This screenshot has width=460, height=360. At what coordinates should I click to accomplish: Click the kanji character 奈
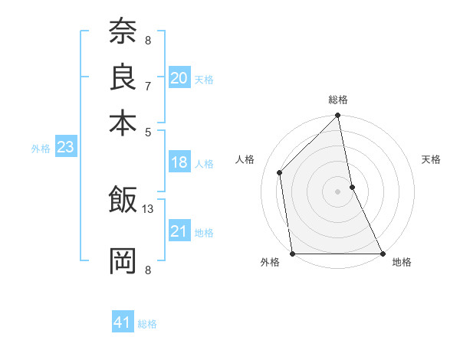(123, 33)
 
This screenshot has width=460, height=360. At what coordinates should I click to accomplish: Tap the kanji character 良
(123, 77)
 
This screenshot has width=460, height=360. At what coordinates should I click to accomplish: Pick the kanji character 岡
(123, 260)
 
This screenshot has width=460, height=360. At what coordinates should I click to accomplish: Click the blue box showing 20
(179, 78)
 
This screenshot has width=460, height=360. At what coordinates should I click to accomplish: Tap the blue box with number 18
(179, 162)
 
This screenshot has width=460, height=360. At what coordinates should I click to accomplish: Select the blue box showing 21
(179, 231)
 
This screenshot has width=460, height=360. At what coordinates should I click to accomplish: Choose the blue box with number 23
(65, 147)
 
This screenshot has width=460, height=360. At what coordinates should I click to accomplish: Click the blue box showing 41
(123, 322)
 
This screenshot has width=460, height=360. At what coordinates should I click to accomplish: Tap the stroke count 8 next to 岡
(148, 269)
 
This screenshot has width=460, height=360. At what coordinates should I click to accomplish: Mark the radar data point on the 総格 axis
(338, 116)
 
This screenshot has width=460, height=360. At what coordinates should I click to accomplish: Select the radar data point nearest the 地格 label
(382, 253)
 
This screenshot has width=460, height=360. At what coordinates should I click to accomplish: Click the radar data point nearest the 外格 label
(293, 253)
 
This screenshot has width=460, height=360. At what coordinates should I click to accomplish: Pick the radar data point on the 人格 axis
(280, 172)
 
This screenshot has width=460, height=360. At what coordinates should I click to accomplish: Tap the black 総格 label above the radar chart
(338, 100)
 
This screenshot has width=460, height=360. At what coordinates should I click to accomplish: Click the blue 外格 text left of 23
(40, 149)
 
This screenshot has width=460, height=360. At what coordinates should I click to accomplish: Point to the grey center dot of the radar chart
(338, 191)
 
